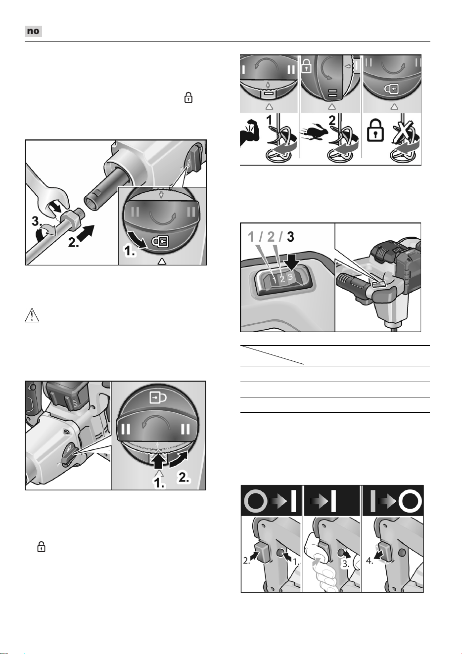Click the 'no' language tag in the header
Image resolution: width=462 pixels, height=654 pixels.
tap(33, 31)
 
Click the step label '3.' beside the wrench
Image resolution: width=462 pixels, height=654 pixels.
tap(37, 221)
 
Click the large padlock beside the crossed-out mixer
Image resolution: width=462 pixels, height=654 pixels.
tap(376, 131)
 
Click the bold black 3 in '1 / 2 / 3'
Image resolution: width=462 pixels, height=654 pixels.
tap(290, 237)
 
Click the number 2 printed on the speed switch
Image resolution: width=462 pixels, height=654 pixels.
tap(282, 279)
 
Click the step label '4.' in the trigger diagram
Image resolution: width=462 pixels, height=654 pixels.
tap(370, 561)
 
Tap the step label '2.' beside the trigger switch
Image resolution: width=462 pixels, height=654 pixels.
tap(247, 561)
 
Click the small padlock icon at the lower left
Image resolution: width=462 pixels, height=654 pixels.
tap(42, 546)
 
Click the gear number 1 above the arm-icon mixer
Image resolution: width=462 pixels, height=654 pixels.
tap(270, 120)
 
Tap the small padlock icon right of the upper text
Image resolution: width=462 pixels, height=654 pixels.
tap(188, 97)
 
